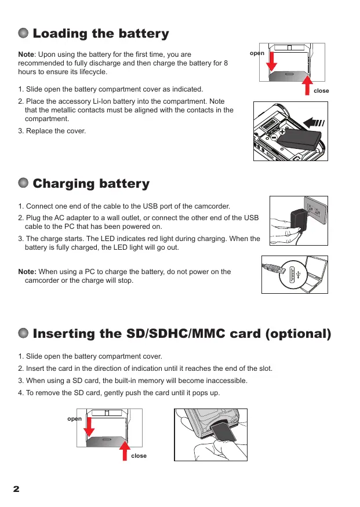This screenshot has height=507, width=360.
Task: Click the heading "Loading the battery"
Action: click(101, 34)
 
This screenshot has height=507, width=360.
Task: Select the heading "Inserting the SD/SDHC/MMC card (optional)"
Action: click(182, 334)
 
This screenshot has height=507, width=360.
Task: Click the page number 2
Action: click(16, 489)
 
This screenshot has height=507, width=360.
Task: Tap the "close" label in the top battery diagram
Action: click(321, 92)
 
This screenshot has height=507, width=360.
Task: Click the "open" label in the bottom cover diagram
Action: click(74, 418)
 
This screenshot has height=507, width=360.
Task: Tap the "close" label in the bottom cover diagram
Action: click(139, 456)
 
